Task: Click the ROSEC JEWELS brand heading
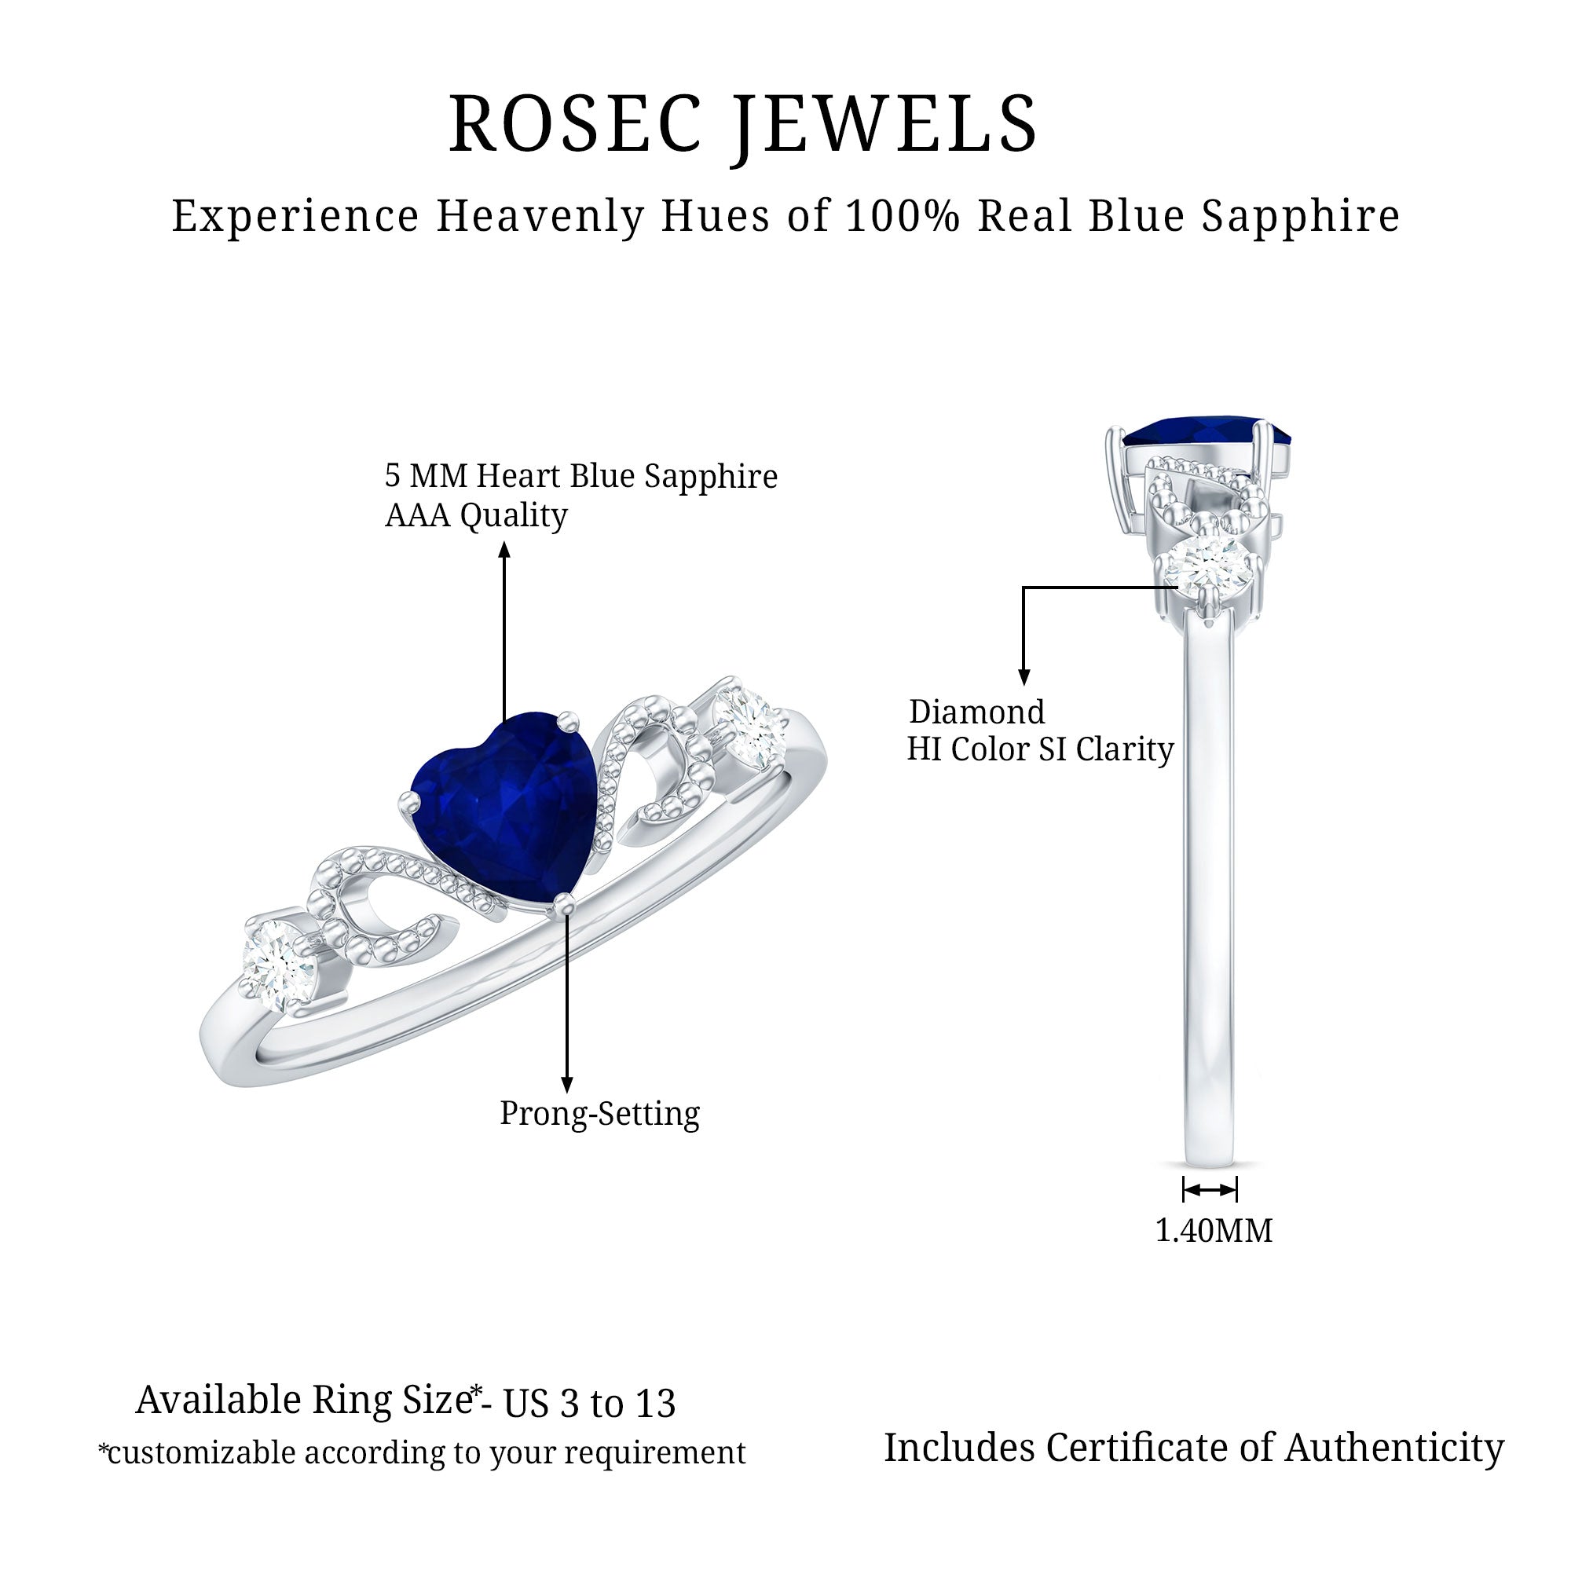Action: tap(743, 124)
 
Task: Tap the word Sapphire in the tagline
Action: tap(1301, 217)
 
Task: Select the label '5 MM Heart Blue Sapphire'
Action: tap(580, 477)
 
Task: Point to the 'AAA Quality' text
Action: tap(476, 515)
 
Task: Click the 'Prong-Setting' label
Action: tap(599, 1113)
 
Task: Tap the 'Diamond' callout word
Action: tap(976, 712)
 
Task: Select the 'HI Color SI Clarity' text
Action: tap(1040, 749)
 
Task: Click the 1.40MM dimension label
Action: tap(1214, 1230)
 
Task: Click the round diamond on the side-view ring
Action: tap(1207, 563)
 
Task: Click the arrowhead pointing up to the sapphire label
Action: tap(504, 551)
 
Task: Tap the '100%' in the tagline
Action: tap(903, 216)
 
